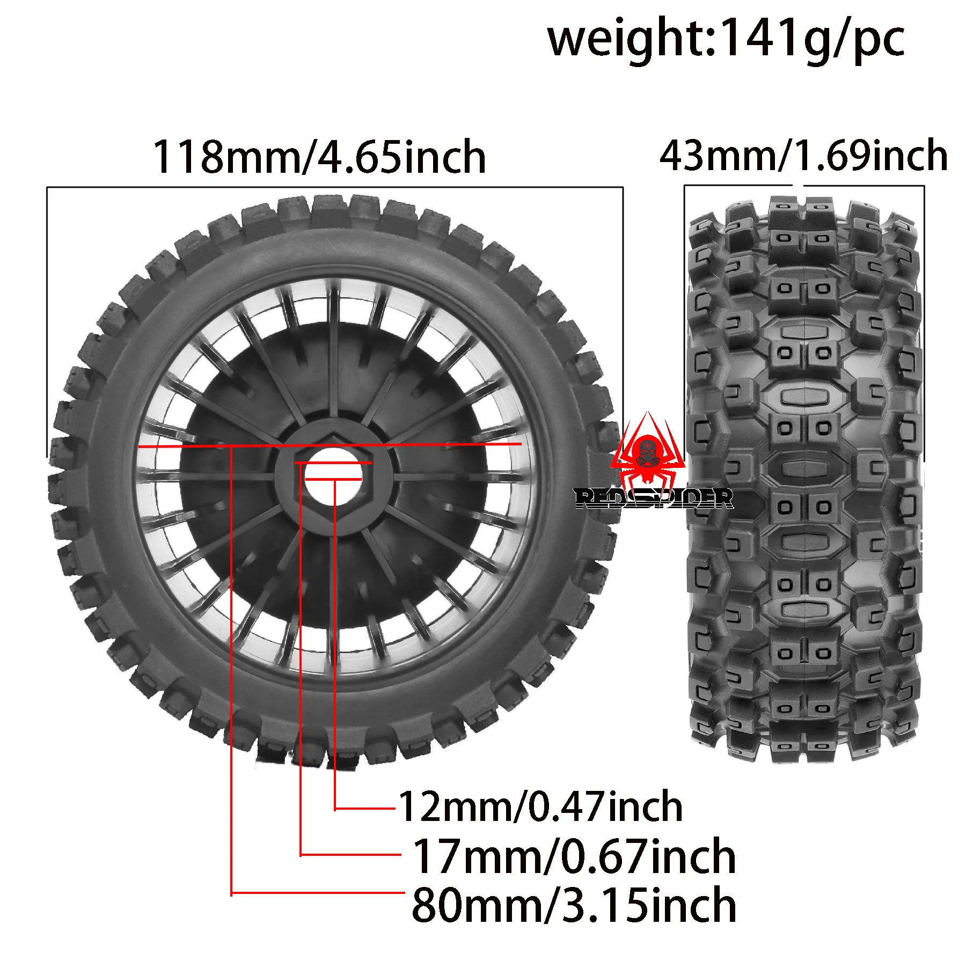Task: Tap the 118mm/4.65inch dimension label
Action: click(x=320, y=157)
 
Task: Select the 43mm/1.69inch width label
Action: click(x=803, y=156)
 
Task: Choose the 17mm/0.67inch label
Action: click(x=574, y=857)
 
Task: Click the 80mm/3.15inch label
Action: click(x=574, y=906)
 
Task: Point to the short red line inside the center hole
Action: click(x=333, y=479)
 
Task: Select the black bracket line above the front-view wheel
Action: click(x=333, y=187)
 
